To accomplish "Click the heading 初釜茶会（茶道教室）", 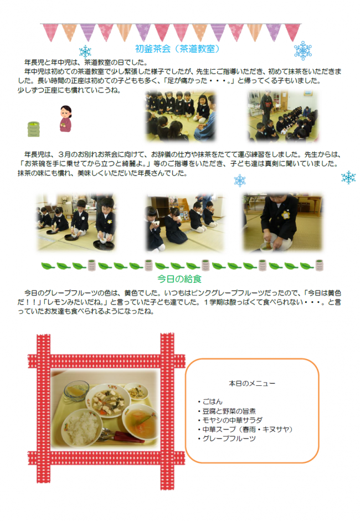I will (x=178, y=49).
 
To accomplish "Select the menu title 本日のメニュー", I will (x=252, y=383).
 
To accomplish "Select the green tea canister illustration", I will (x=34, y=128).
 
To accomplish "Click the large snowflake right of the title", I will (x=303, y=50).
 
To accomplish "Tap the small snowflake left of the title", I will (x=85, y=51).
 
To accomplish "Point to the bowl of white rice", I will (x=81, y=427).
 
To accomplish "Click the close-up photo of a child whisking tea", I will (x=282, y=221).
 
